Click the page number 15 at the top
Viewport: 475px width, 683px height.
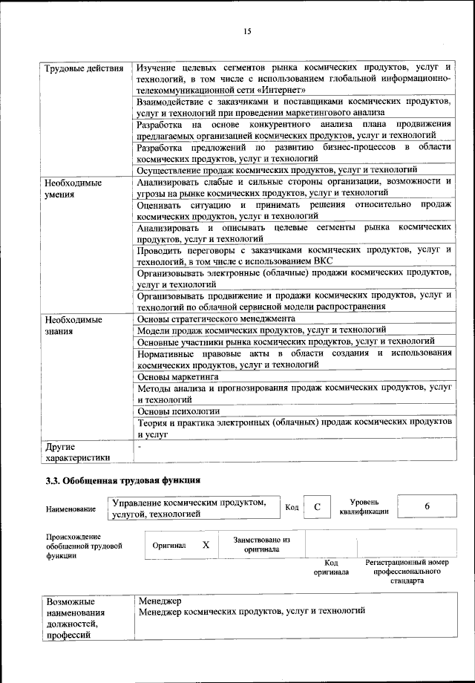[x=246, y=30]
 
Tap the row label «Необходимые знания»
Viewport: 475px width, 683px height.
[x=74, y=325]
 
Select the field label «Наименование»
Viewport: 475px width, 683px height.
[x=71, y=509]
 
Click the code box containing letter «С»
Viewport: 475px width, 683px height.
[x=317, y=506]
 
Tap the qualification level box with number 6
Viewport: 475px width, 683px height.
[x=427, y=506]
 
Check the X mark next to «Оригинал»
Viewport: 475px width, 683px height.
[x=206, y=544]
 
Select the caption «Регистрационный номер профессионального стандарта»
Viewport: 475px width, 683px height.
[x=407, y=572]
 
